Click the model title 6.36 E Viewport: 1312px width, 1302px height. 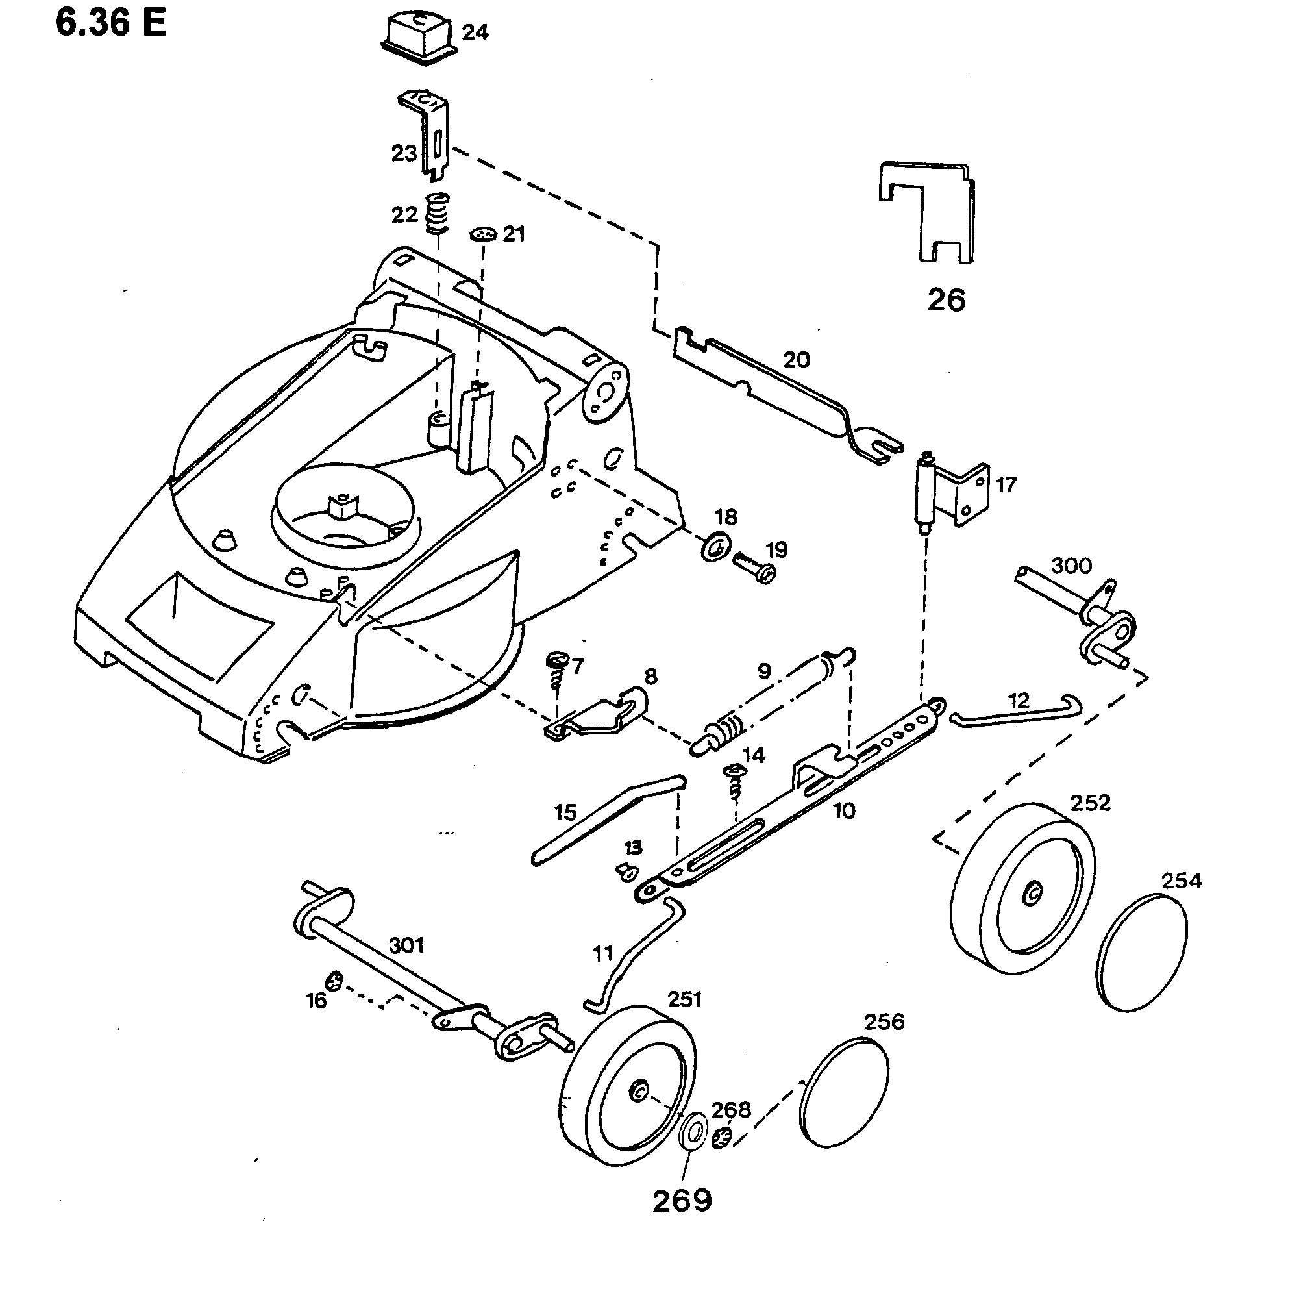[111, 24]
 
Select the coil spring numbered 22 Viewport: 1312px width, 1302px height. [438, 212]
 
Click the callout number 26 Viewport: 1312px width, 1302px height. [946, 299]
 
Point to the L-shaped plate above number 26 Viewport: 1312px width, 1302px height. [927, 210]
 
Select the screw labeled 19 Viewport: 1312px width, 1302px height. [754, 566]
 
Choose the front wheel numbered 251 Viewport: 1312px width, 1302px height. [630, 1084]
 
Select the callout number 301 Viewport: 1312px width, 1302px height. [406, 945]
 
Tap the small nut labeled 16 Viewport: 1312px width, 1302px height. [335, 981]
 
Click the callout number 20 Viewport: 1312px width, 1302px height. [797, 359]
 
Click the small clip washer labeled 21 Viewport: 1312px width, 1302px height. [484, 234]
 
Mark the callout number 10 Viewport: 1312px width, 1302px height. [844, 810]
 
